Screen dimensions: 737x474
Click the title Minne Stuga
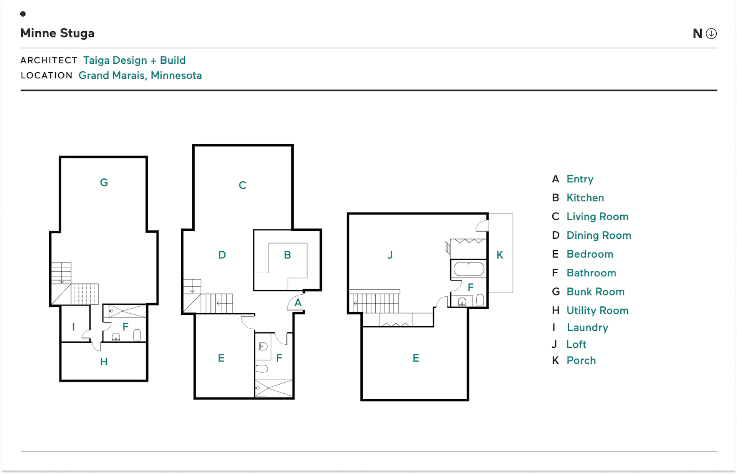[57, 33]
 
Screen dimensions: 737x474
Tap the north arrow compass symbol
[711, 33]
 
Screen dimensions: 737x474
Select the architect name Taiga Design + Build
[134, 60]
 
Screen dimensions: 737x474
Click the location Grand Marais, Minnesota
[140, 75]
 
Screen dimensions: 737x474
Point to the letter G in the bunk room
[104, 182]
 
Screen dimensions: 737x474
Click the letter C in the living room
[242, 185]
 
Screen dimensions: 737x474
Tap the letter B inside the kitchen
[287, 255]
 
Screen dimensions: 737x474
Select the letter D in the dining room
[222, 255]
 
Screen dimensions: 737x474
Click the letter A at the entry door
[298, 303]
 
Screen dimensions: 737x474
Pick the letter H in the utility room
[104, 362]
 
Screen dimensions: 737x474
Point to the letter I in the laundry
[73, 327]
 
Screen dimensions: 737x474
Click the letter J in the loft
[390, 255]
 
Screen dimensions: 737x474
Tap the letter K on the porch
[500, 255]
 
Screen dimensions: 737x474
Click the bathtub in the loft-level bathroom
[469, 269]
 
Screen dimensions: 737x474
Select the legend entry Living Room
[597, 216]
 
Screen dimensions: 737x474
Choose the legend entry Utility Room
[598, 310]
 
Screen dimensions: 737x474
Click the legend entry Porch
[581, 360]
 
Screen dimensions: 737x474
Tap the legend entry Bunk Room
[595, 292]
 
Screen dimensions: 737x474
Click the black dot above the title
[23, 14]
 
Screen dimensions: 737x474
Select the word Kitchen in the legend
[585, 198]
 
